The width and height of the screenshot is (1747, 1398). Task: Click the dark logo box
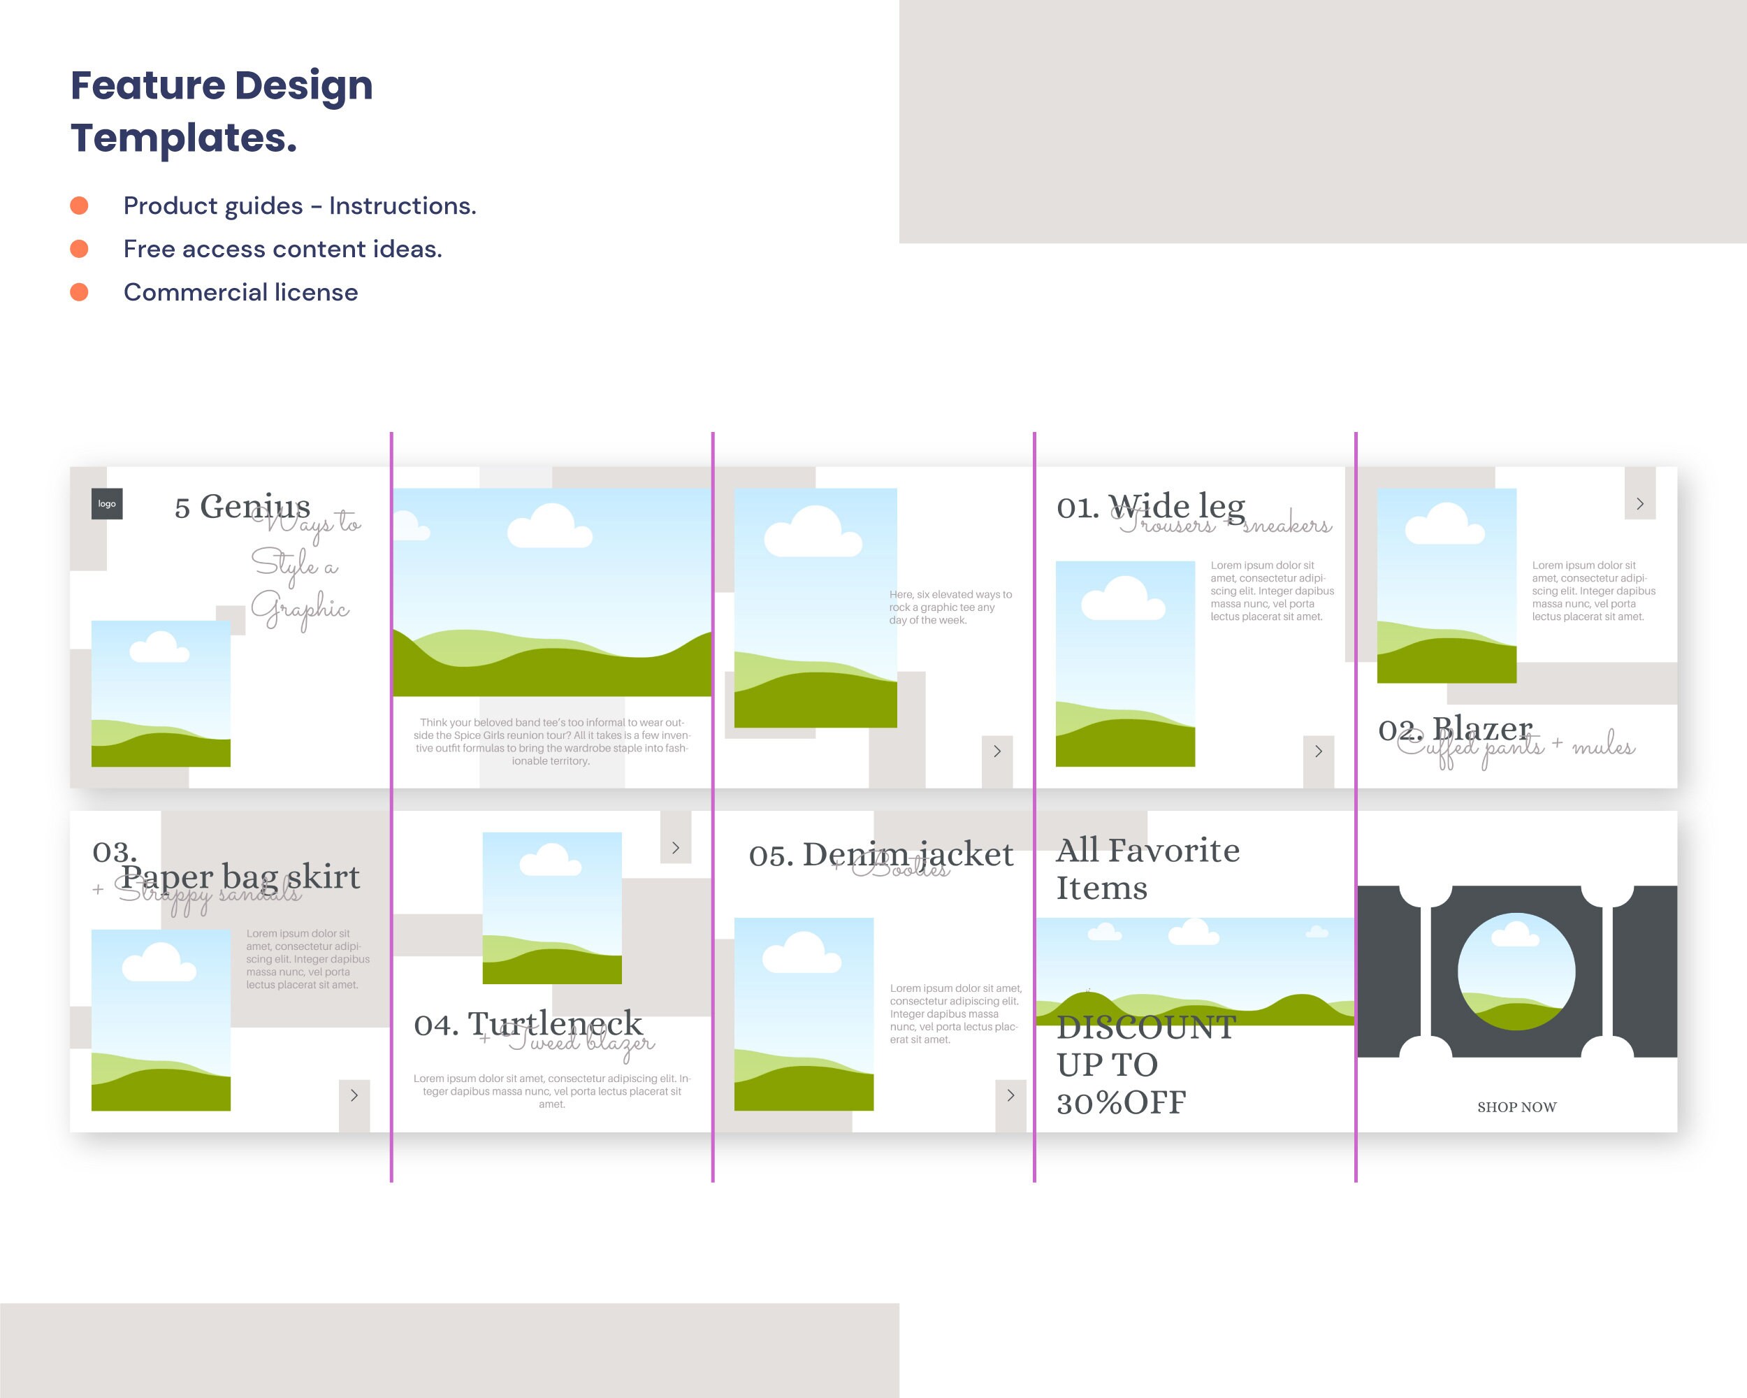tap(107, 503)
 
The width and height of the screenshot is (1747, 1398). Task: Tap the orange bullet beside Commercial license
tap(80, 291)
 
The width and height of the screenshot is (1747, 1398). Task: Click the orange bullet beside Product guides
tap(80, 206)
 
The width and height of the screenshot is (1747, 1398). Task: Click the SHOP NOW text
tap(1516, 1107)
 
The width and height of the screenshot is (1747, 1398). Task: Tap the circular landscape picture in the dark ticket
tap(1516, 971)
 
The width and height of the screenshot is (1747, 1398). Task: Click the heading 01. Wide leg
tap(1151, 507)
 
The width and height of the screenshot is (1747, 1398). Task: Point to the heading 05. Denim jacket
tap(880, 855)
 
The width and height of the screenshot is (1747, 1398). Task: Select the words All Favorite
tap(1147, 851)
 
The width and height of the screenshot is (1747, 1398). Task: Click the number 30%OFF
tap(1121, 1103)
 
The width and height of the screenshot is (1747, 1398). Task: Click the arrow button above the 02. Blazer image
tap(1639, 504)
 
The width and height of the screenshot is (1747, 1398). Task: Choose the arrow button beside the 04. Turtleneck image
tap(675, 848)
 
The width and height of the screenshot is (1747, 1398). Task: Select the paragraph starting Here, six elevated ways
tap(950, 607)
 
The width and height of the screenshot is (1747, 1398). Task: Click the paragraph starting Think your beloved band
tap(551, 742)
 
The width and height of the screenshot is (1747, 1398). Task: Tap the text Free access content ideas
tap(283, 249)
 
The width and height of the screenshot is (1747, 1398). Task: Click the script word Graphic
tap(300, 609)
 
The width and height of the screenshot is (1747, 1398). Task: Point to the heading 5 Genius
tap(242, 507)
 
